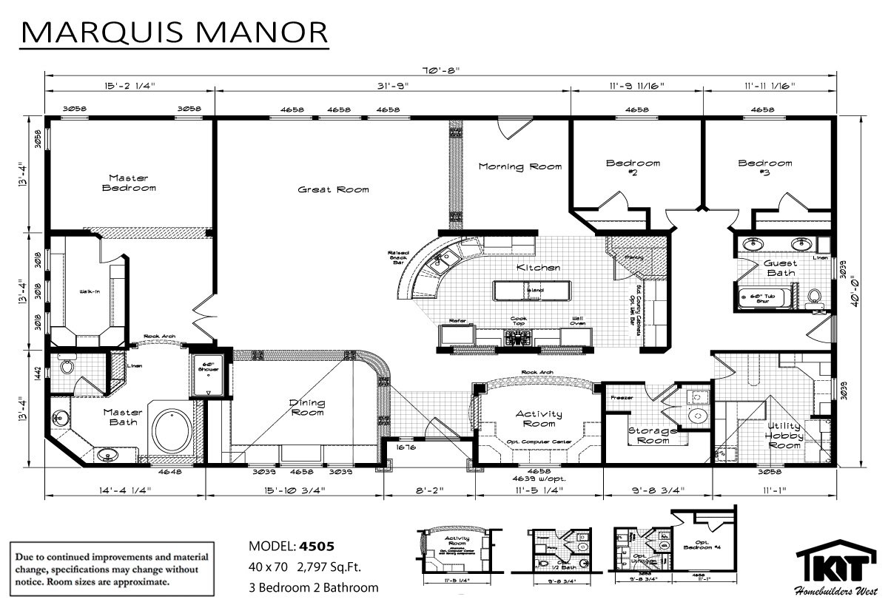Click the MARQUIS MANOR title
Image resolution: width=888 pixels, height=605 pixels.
coord(173,33)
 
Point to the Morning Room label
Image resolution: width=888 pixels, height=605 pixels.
coord(519,166)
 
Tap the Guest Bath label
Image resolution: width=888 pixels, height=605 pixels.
coord(781,268)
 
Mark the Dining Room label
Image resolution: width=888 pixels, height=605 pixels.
coord(307,407)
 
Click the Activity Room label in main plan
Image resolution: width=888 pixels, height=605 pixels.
coord(538,419)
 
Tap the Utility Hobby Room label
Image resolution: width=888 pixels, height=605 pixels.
coord(784,436)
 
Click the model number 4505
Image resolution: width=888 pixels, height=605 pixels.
coord(316,547)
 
